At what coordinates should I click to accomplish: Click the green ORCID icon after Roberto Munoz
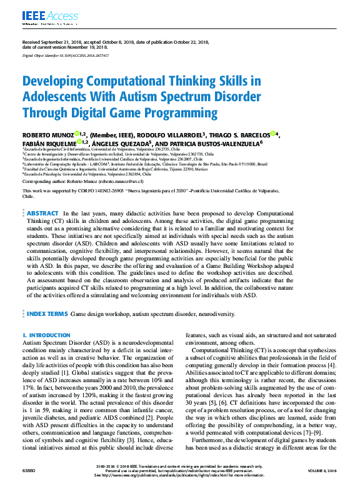(x=76, y=133)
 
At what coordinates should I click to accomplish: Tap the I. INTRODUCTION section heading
(x=46, y=335)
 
